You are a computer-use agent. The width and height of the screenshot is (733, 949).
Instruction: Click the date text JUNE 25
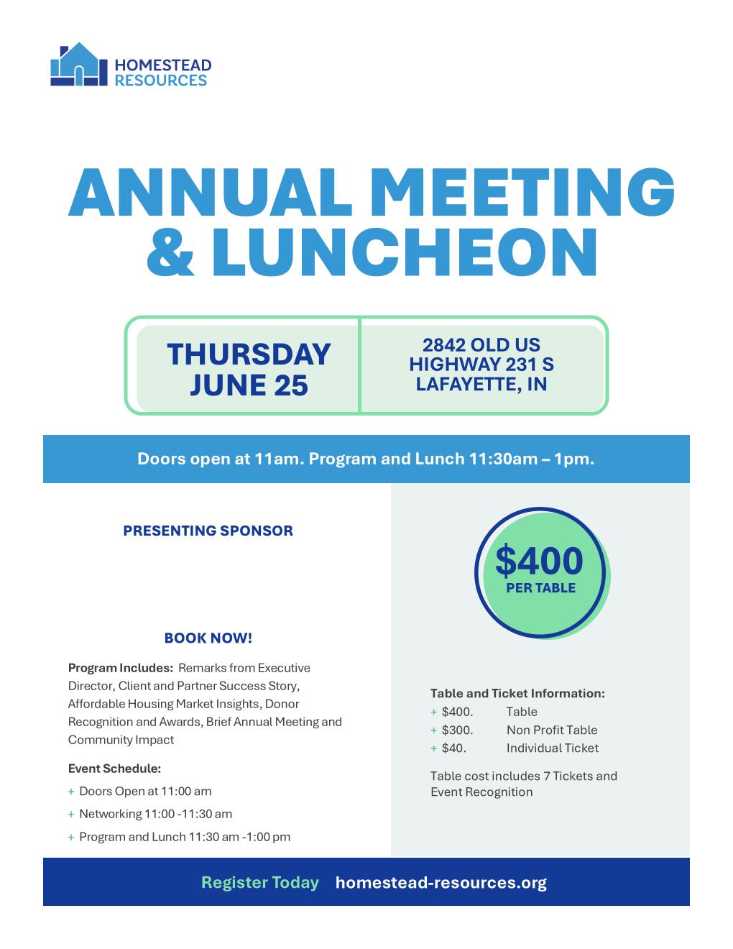pos(249,385)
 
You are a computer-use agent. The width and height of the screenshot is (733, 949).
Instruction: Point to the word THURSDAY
pos(249,354)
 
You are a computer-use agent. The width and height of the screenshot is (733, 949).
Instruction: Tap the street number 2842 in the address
pos(444,345)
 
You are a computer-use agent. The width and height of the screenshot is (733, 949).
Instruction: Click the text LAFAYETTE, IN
pos(481,385)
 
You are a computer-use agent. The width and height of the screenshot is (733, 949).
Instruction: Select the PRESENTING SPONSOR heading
pos(208,531)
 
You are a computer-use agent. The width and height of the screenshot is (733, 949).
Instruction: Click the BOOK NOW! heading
pos(208,638)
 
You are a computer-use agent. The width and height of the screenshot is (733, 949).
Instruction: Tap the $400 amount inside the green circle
pos(539,561)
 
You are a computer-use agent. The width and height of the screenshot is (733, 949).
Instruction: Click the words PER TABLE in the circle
pos(540,588)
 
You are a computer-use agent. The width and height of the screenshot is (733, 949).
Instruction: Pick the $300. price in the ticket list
pos(457,730)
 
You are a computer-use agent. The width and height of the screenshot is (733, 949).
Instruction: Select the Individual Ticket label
pos(552,748)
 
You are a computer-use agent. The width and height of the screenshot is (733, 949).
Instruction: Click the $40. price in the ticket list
pos(453,748)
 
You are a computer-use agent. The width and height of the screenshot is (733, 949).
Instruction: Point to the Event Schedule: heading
pos(114,769)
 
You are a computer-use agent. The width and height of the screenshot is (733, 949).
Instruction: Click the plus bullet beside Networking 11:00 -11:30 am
pos(71,815)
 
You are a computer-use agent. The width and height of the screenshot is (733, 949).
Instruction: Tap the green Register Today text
pos(259,882)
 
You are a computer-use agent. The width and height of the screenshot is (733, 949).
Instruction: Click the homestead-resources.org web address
pos(441,882)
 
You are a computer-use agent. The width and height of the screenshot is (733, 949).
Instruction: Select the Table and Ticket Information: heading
pos(517,693)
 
